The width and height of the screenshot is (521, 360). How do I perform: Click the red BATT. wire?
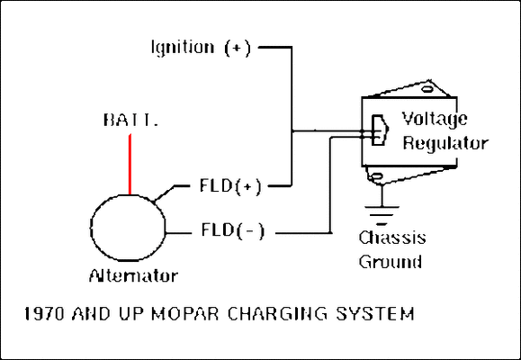click(x=130, y=162)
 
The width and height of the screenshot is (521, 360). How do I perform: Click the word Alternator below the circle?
click(x=133, y=274)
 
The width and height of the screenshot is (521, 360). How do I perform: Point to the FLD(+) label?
click(x=229, y=187)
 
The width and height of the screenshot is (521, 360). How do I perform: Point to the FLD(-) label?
click(x=231, y=231)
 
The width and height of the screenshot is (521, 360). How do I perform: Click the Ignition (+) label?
click(x=201, y=47)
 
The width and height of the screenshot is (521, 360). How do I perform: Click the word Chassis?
click(x=391, y=238)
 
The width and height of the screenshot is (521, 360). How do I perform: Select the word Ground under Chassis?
click(x=390, y=262)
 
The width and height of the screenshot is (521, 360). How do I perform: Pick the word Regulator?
click(x=445, y=142)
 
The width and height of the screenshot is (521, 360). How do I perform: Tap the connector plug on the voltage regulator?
click(x=377, y=130)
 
